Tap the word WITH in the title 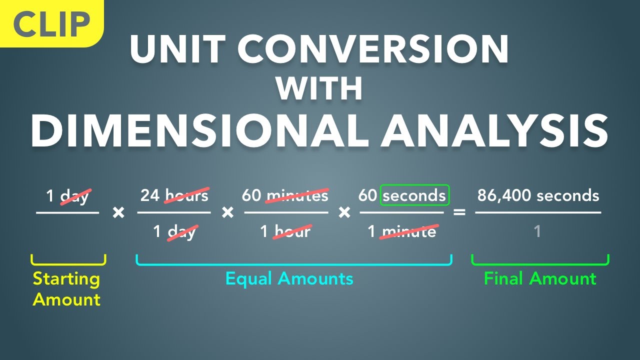click(319, 89)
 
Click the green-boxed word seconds click(414, 195)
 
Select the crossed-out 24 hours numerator click(174, 195)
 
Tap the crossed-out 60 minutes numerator click(285, 195)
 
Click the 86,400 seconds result click(538, 195)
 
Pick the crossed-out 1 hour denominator click(285, 231)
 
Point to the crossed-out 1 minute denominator click(402, 231)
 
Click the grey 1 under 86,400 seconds click(537, 231)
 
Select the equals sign click(459, 213)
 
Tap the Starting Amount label click(66, 289)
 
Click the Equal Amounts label click(289, 278)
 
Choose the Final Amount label click(540, 278)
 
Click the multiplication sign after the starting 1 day click(118, 213)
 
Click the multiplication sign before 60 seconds click(344, 213)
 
